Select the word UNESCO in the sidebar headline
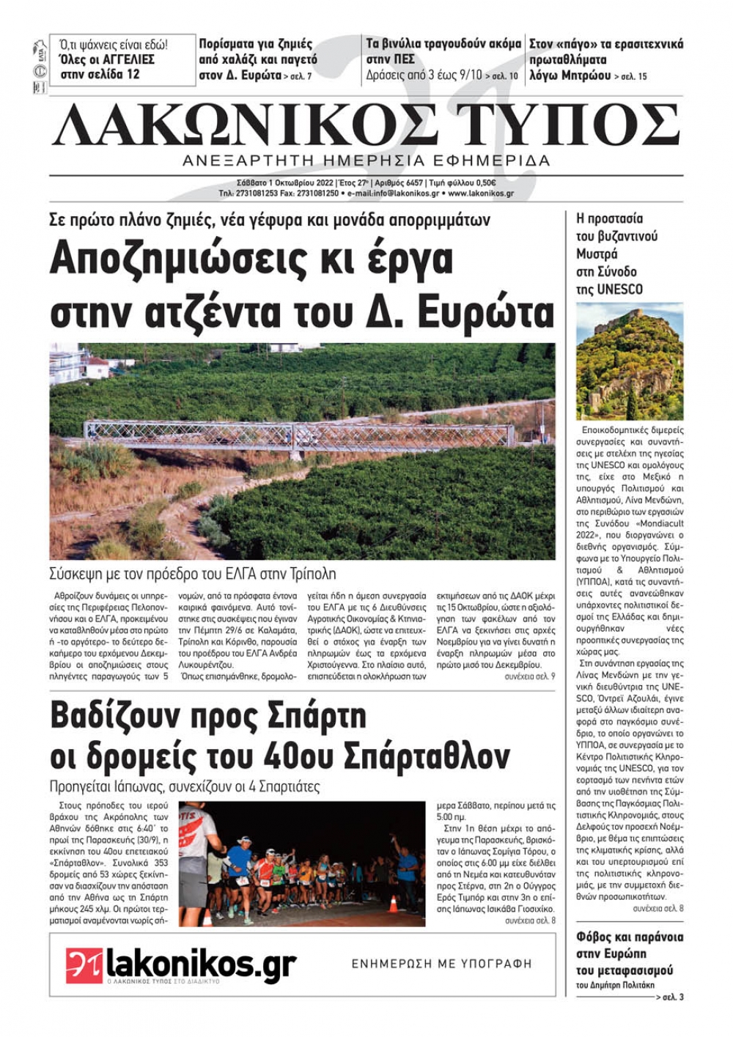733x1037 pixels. pyautogui.click(x=619, y=289)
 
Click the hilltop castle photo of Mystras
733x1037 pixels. pyautogui.click(x=630, y=361)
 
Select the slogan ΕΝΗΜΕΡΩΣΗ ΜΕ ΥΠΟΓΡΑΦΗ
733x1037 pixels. pyautogui.click(x=441, y=964)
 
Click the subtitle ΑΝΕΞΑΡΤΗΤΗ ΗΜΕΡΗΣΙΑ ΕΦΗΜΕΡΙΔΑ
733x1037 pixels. pyautogui.click(x=366, y=160)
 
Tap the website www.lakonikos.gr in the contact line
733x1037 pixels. pyautogui.click(x=480, y=194)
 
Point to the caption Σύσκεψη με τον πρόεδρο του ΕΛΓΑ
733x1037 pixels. pyautogui.click(x=193, y=574)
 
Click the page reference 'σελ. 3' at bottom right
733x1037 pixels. pyautogui.click(x=671, y=997)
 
